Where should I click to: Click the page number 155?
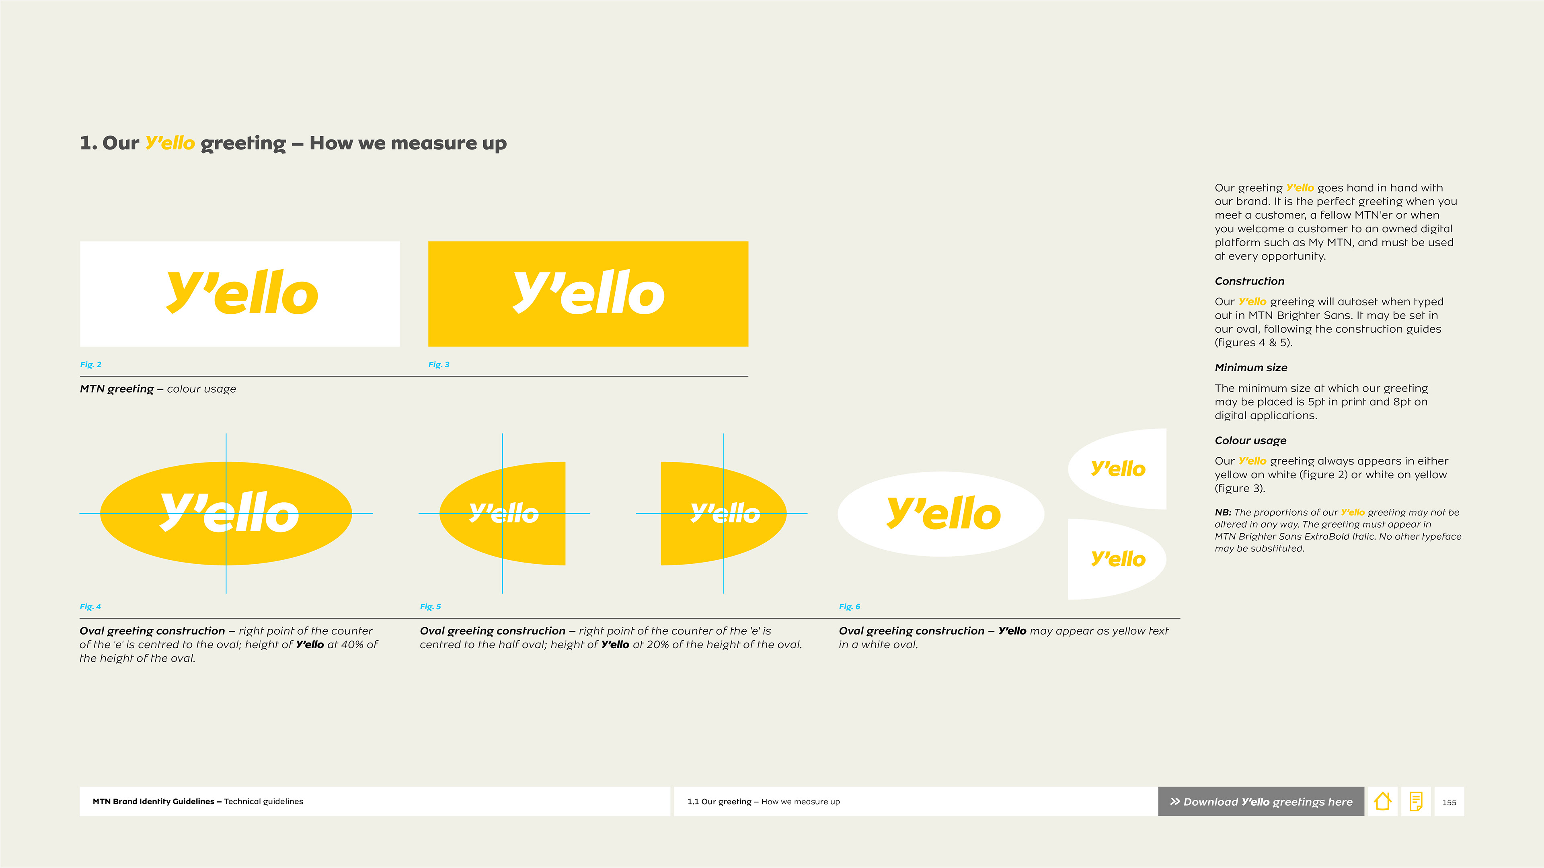click(x=1449, y=802)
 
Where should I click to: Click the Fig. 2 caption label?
click(x=90, y=364)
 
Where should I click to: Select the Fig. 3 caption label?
click(x=439, y=364)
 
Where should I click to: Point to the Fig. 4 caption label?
click(x=90, y=606)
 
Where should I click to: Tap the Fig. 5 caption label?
click(x=430, y=606)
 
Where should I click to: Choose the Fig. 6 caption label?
click(x=849, y=606)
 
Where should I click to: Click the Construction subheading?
click(x=1250, y=281)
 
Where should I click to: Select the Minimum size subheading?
click(x=1251, y=367)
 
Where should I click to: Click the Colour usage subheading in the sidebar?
click(x=1250, y=440)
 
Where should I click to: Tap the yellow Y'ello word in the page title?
click(x=170, y=143)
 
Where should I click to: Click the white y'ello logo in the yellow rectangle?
click(x=589, y=292)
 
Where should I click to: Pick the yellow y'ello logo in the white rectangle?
click(x=242, y=292)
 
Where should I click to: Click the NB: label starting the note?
click(x=1223, y=512)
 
